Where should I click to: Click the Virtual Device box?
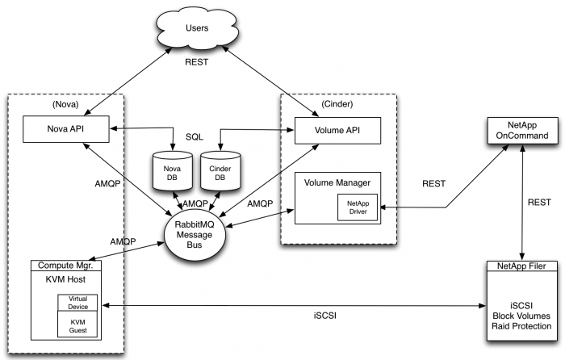(77, 302)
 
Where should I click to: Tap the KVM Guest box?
(77, 325)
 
